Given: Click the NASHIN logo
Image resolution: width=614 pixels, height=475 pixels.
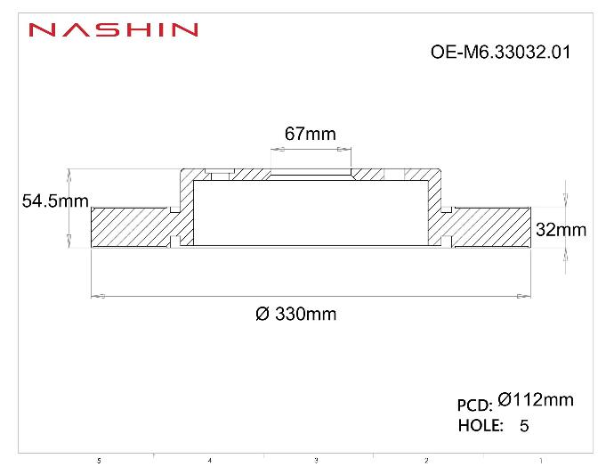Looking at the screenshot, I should [113, 29].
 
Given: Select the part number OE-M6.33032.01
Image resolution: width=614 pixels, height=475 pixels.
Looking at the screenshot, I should [499, 52].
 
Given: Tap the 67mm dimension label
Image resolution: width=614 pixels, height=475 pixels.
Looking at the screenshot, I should [310, 134].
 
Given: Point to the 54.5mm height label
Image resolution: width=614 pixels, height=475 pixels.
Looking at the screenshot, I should [54, 201].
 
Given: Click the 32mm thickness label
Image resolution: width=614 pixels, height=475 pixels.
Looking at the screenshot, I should [561, 230].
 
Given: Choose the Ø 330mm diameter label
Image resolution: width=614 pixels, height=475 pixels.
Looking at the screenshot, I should [295, 314].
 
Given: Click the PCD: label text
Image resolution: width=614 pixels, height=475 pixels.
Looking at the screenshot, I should [474, 405].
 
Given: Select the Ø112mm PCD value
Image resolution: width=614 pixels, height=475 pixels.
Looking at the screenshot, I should [536, 400].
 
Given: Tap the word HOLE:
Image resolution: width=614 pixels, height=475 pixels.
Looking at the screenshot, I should [481, 425].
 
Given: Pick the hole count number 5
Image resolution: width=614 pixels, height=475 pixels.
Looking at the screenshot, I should [524, 426].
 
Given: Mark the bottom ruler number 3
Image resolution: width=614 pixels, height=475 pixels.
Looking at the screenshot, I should [316, 461].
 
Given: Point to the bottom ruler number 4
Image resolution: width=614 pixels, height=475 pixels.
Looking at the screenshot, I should [209, 461].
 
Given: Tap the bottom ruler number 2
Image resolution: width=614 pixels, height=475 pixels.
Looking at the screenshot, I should [426, 461].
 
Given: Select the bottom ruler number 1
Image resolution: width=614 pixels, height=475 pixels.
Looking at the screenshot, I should [540, 461].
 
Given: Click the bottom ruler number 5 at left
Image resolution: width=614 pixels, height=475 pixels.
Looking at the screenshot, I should [99, 461].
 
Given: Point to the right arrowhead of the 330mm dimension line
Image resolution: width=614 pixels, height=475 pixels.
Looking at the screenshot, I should [525, 295].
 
